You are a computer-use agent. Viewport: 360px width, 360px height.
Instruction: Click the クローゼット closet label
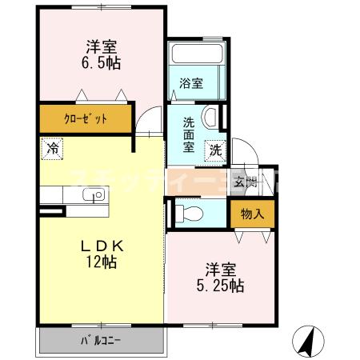click(x=86, y=119)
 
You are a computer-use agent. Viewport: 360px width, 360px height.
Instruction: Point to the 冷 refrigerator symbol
click(x=52, y=148)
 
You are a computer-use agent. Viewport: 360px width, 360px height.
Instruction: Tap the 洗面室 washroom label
click(x=189, y=135)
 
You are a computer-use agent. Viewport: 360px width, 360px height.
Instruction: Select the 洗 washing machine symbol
click(x=215, y=148)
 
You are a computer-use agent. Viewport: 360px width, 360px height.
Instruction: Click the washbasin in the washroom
click(x=211, y=118)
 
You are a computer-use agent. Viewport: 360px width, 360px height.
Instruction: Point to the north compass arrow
click(x=307, y=342)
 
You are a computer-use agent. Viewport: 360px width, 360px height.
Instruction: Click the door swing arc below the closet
click(x=147, y=122)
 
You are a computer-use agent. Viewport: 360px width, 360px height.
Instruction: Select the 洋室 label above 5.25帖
click(x=217, y=269)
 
